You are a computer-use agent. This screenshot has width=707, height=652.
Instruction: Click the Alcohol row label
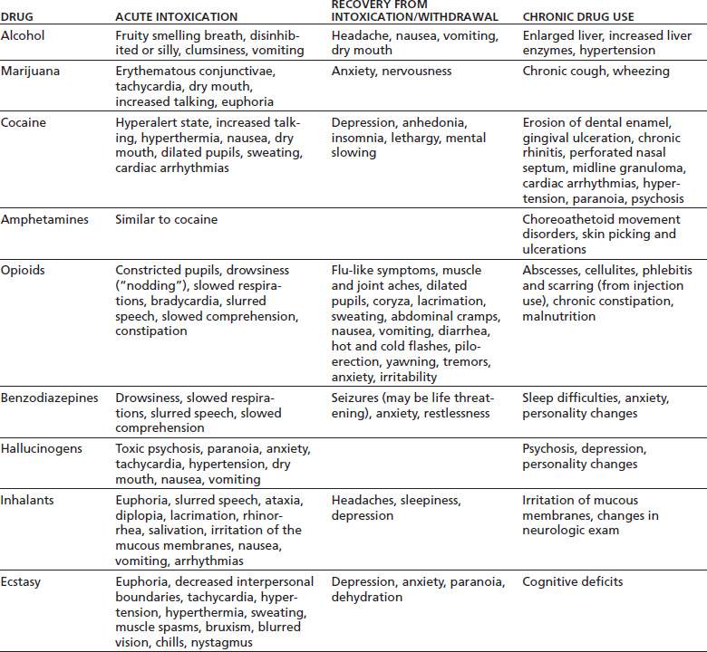point(22,35)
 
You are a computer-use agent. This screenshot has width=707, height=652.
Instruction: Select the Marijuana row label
point(29,71)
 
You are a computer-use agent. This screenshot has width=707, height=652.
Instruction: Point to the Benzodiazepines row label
point(46,398)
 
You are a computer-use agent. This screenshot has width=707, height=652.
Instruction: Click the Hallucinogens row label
point(39,449)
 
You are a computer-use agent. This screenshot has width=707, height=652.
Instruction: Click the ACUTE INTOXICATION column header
point(176,17)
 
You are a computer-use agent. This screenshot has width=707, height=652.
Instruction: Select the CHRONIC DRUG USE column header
point(578,17)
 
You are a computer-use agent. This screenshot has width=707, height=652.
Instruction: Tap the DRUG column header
point(15,17)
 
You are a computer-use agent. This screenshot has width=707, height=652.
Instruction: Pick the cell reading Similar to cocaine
point(167,219)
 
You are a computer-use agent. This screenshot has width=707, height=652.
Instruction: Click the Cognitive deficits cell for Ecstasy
point(573,582)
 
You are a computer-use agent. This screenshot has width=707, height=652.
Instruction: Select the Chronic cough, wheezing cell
point(596,71)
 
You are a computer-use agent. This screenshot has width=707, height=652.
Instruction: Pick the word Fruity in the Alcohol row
point(135,35)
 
